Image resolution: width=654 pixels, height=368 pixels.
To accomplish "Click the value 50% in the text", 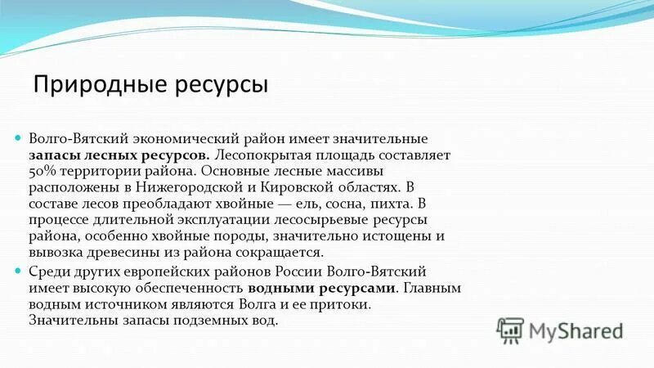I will point(42,172).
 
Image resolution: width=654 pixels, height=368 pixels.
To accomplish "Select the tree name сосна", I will point(336,204).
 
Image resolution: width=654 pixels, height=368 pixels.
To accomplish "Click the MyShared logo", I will point(559,330).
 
